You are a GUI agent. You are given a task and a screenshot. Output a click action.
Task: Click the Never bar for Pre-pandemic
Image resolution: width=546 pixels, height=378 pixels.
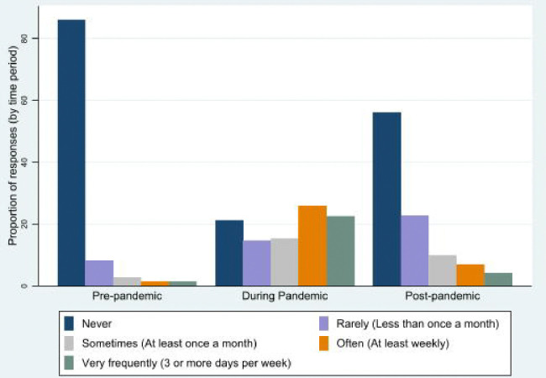(x=71, y=153)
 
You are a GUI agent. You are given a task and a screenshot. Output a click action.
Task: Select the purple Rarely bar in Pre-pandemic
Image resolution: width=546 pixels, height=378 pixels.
(x=99, y=273)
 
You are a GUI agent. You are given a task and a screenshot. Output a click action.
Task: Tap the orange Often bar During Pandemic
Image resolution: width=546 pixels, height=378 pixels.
(x=312, y=246)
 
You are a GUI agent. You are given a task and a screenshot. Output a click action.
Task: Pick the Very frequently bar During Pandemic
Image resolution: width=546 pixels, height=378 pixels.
(x=340, y=251)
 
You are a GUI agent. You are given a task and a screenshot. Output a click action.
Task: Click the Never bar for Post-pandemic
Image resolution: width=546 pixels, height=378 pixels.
(x=387, y=199)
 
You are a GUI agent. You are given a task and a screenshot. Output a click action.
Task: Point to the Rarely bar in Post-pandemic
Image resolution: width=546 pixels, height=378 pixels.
(x=415, y=250)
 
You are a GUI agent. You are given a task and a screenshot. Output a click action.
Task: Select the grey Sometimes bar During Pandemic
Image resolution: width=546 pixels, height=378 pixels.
(x=285, y=262)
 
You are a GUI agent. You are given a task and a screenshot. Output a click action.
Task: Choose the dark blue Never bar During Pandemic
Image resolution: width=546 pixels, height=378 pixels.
(x=229, y=253)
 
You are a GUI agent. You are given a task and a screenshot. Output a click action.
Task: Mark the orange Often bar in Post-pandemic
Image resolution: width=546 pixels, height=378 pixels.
(x=470, y=275)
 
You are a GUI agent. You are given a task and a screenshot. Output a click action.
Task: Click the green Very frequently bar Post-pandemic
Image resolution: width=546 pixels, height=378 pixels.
(x=498, y=280)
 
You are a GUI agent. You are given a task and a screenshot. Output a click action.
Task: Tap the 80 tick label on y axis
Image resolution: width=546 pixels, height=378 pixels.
(x=24, y=39)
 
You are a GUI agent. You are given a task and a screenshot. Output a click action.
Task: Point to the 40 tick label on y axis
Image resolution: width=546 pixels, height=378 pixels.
(x=24, y=162)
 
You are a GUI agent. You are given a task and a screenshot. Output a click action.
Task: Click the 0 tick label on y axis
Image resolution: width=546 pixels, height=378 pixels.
(x=24, y=286)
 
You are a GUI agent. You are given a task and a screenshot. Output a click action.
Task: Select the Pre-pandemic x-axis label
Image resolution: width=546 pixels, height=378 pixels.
(x=127, y=297)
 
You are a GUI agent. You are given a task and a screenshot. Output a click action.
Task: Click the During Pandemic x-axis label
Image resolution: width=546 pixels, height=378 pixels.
(x=285, y=297)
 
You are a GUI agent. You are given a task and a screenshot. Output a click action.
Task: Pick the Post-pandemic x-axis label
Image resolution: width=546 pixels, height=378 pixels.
(x=443, y=297)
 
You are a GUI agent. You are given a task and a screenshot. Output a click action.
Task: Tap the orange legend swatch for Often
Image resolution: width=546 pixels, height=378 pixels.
(x=324, y=344)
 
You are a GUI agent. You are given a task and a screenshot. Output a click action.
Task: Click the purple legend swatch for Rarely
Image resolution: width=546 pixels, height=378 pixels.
(x=324, y=323)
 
